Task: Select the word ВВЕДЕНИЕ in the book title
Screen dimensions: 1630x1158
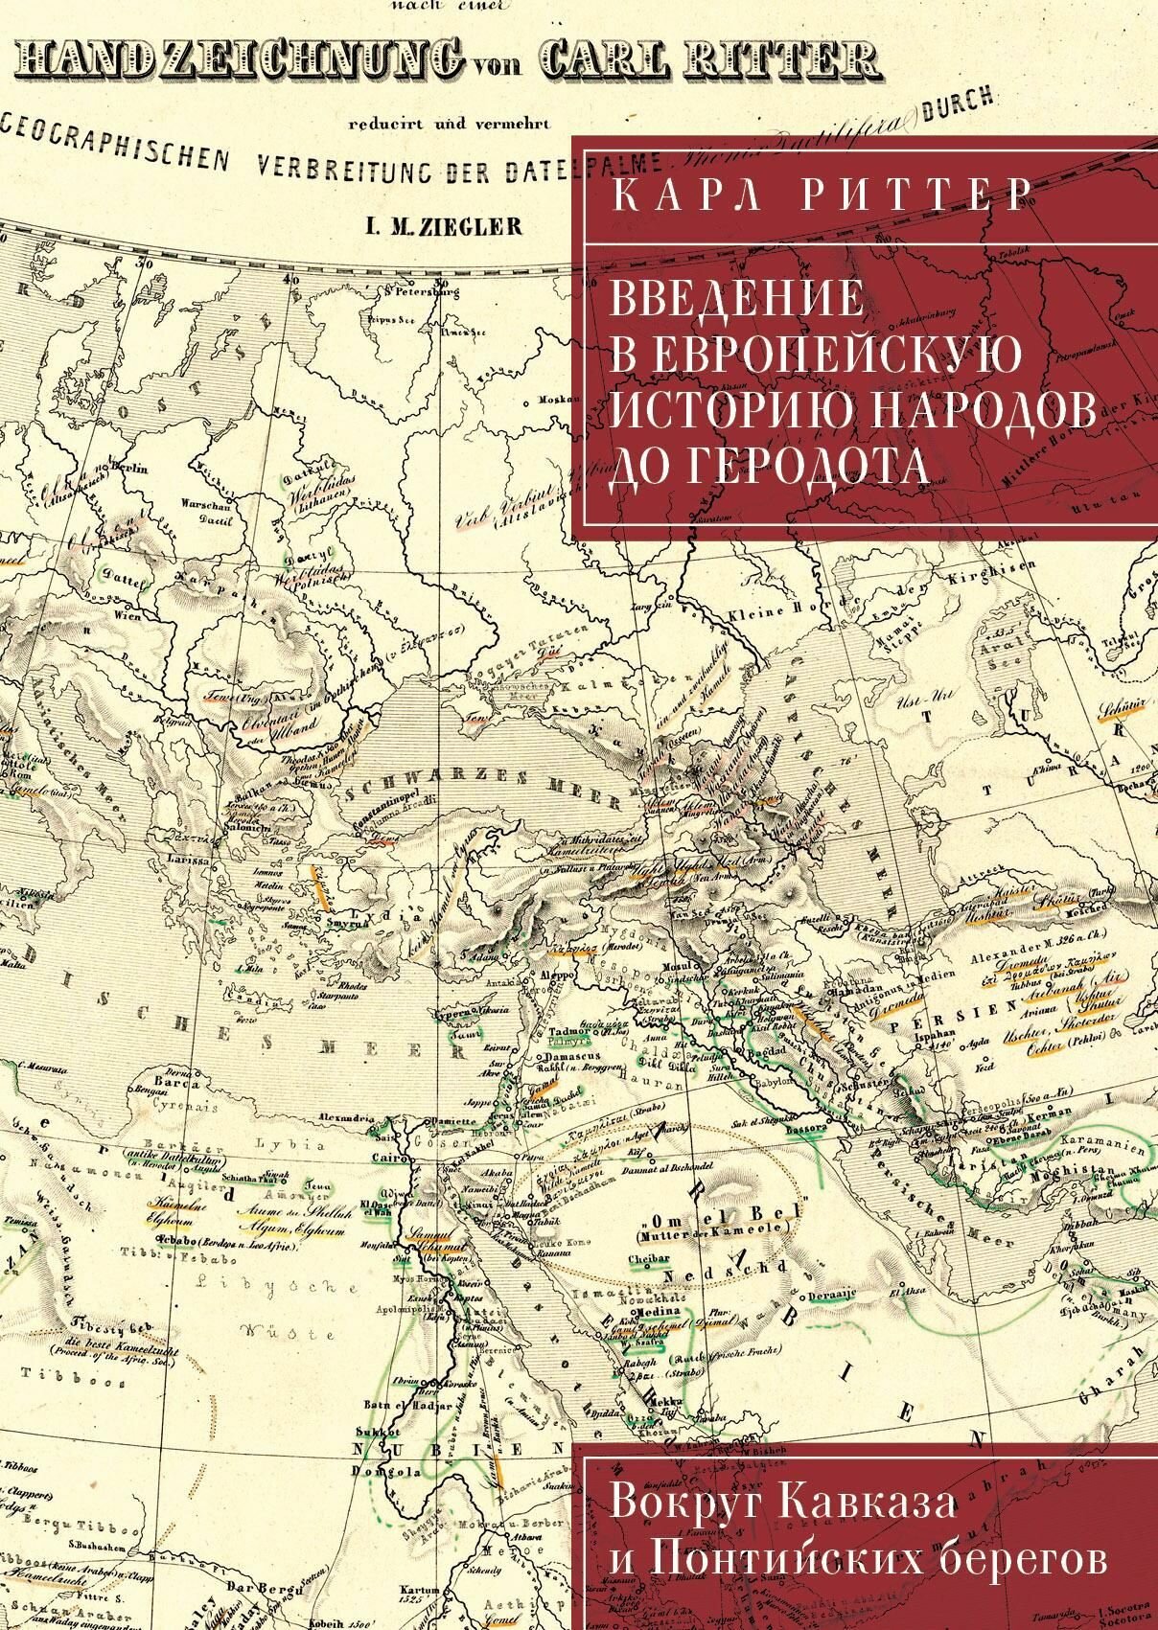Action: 737,298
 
